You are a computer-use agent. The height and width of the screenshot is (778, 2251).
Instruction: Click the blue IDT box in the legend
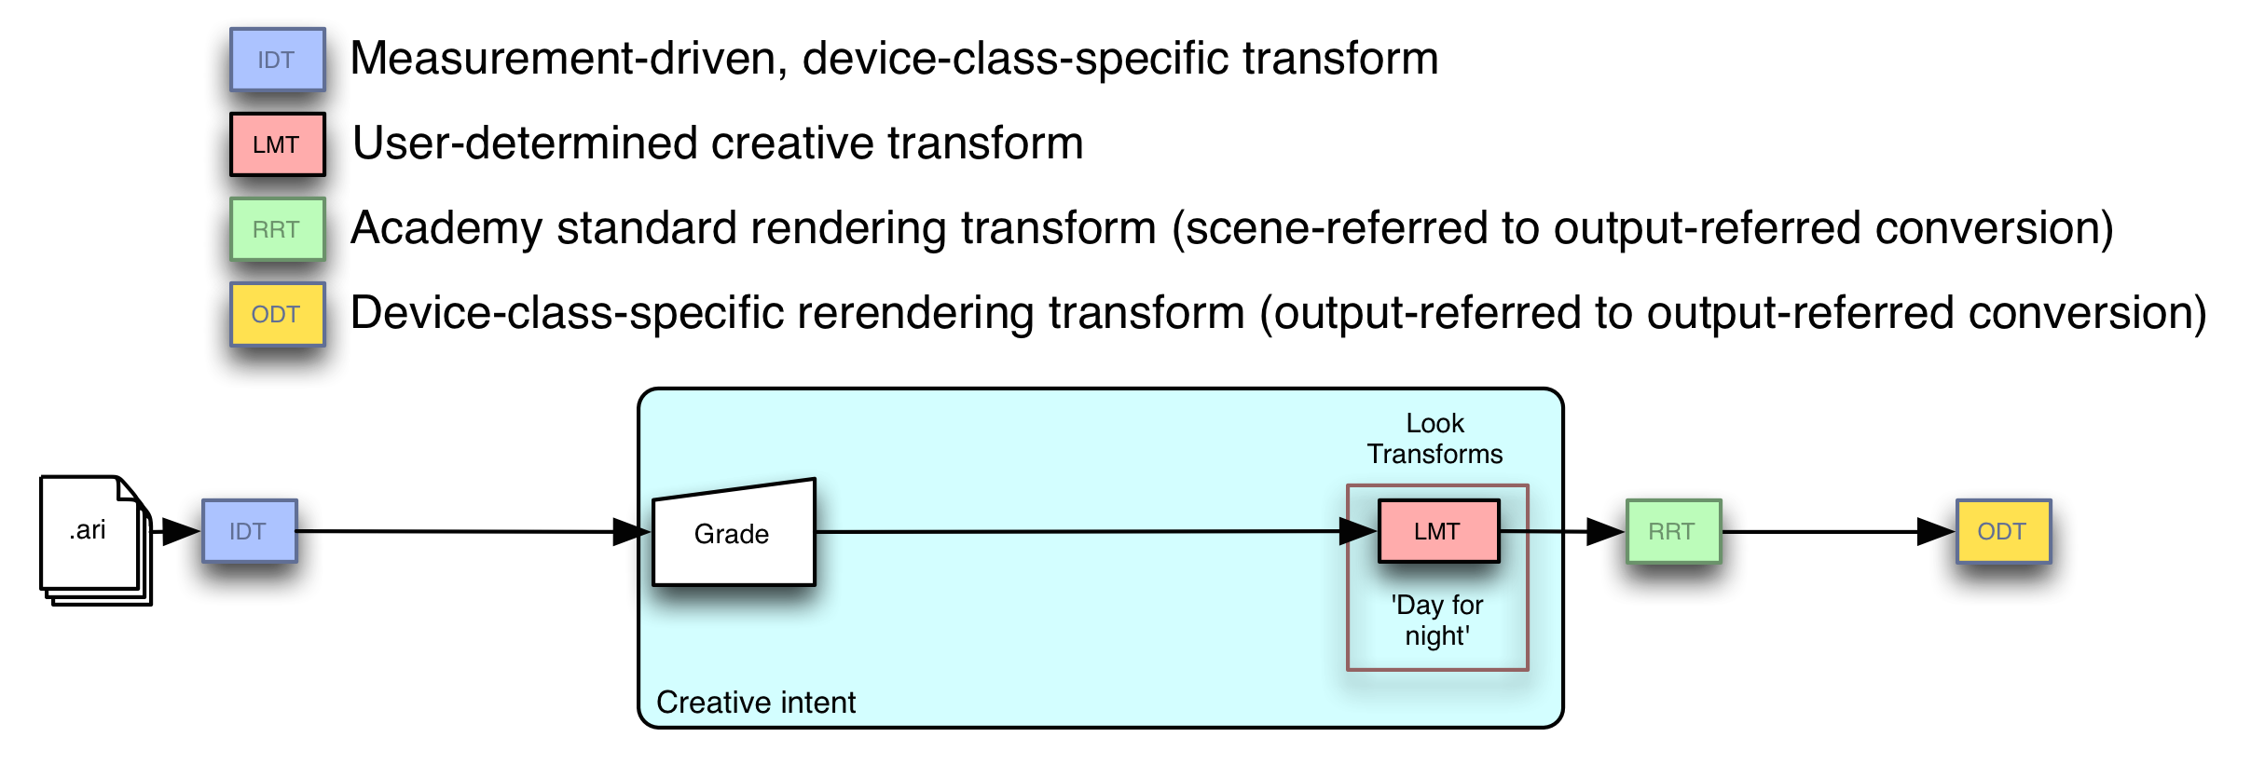tap(278, 60)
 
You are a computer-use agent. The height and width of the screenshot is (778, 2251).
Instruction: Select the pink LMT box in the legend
tap(278, 144)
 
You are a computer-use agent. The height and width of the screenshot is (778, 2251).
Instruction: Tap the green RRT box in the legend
tap(278, 229)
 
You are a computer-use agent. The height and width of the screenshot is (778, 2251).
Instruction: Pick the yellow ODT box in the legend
tap(278, 314)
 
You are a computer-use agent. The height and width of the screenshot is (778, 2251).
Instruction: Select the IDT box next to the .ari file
tap(250, 531)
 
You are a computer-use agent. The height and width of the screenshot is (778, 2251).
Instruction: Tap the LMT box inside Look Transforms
tap(1438, 531)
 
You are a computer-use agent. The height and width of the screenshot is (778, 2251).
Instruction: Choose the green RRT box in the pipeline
tap(1673, 531)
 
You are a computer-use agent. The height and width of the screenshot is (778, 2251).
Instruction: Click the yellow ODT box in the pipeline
tap(2003, 531)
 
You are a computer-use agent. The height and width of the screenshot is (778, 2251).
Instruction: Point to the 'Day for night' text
tap(1437, 621)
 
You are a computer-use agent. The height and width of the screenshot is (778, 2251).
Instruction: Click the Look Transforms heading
tap(1434, 439)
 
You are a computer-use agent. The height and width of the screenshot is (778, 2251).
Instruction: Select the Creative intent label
tap(755, 702)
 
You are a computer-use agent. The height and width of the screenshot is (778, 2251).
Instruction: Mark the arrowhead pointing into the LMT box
tap(1357, 531)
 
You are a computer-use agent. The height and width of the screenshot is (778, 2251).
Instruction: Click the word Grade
tap(732, 534)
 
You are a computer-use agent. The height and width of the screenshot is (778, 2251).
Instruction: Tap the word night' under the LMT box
tap(1437, 636)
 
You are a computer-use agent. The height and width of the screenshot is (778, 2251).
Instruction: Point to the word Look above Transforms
tap(1434, 424)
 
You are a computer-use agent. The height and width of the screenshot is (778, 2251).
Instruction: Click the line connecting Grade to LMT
tap(1072, 531)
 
